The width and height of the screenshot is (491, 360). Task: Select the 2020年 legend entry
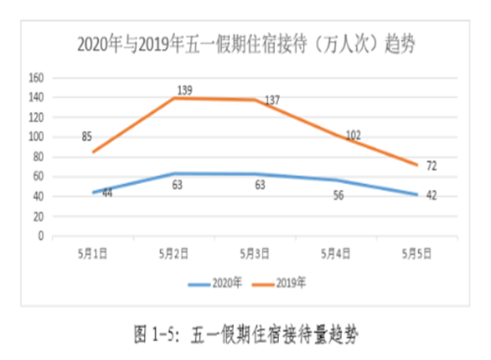click(215, 284)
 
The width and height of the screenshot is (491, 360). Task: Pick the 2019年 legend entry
click(281, 284)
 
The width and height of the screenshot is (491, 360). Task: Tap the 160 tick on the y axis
click(36, 79)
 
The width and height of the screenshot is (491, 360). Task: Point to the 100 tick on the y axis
click(36, 137)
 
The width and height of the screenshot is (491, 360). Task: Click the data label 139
click(184, 90)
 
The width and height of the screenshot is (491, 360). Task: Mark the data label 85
click(87, 136)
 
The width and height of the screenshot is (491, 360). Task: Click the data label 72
click(431, 166)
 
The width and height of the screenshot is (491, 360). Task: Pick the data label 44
click(107, 193)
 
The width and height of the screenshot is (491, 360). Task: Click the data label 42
click(430, 196)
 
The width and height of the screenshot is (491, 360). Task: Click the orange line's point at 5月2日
click(174, 98)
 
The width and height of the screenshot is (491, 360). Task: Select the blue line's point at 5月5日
click(418, 195)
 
